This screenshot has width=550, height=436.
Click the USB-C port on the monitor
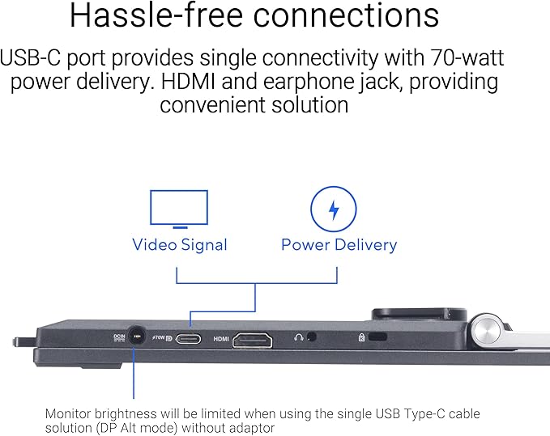(189, 339)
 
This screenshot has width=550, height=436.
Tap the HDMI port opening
(253, 340)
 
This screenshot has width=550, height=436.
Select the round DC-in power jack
(136, 337)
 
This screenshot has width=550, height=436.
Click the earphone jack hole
(312, 337)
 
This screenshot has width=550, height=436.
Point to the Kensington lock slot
(377, 337)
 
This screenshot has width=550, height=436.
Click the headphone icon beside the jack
(299, 337)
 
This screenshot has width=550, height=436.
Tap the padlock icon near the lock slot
(361, 337)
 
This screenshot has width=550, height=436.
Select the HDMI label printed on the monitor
(221, 339)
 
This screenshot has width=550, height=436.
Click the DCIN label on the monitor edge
(119, 338)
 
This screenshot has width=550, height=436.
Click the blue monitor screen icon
(179, 209)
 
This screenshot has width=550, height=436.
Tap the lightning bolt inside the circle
(334, 210)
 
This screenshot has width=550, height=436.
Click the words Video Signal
(180, 245)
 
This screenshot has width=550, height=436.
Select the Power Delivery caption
(339, 244)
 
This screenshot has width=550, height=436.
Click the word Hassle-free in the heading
(156, 15)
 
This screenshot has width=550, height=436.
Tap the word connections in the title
(346, 16)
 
